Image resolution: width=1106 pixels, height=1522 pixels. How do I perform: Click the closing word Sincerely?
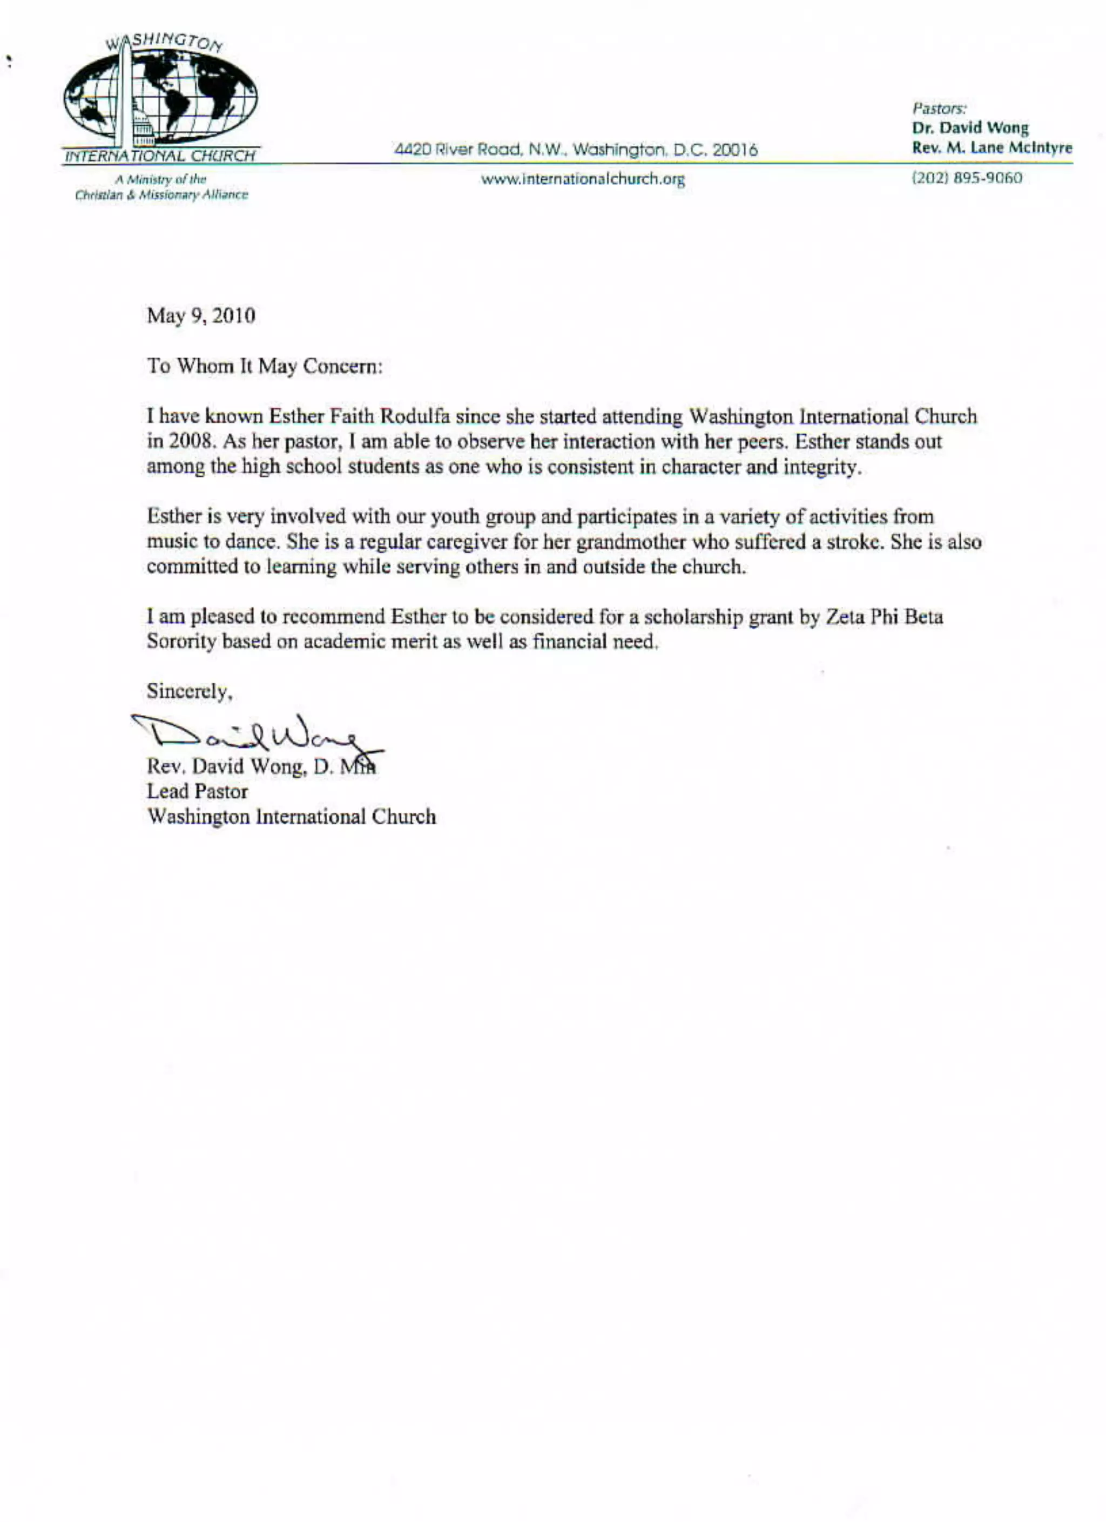coord(189,691)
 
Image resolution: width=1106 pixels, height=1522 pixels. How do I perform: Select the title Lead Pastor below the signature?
coord(197,792)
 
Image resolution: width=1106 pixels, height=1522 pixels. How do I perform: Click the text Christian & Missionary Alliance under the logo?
coord(161,196)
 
